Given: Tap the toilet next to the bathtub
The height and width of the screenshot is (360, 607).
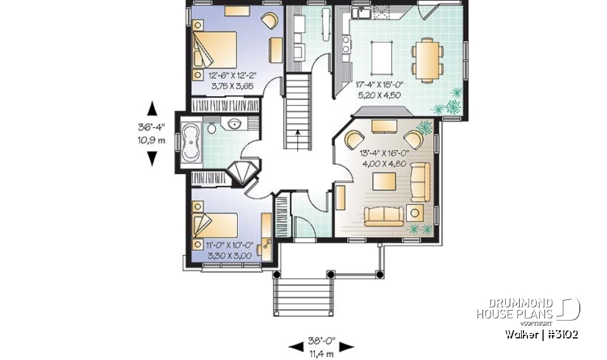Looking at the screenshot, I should [211, 128].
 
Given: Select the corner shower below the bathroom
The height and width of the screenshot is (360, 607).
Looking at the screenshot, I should [240, 173].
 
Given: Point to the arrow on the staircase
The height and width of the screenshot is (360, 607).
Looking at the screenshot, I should [297, 136].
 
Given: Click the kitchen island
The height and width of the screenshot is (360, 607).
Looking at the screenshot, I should [381, 57].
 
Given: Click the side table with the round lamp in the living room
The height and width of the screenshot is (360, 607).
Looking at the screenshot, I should [416, 213].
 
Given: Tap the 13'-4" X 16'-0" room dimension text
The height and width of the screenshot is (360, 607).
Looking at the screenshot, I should [385, 156].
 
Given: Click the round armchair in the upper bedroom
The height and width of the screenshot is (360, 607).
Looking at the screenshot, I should [269, 22].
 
